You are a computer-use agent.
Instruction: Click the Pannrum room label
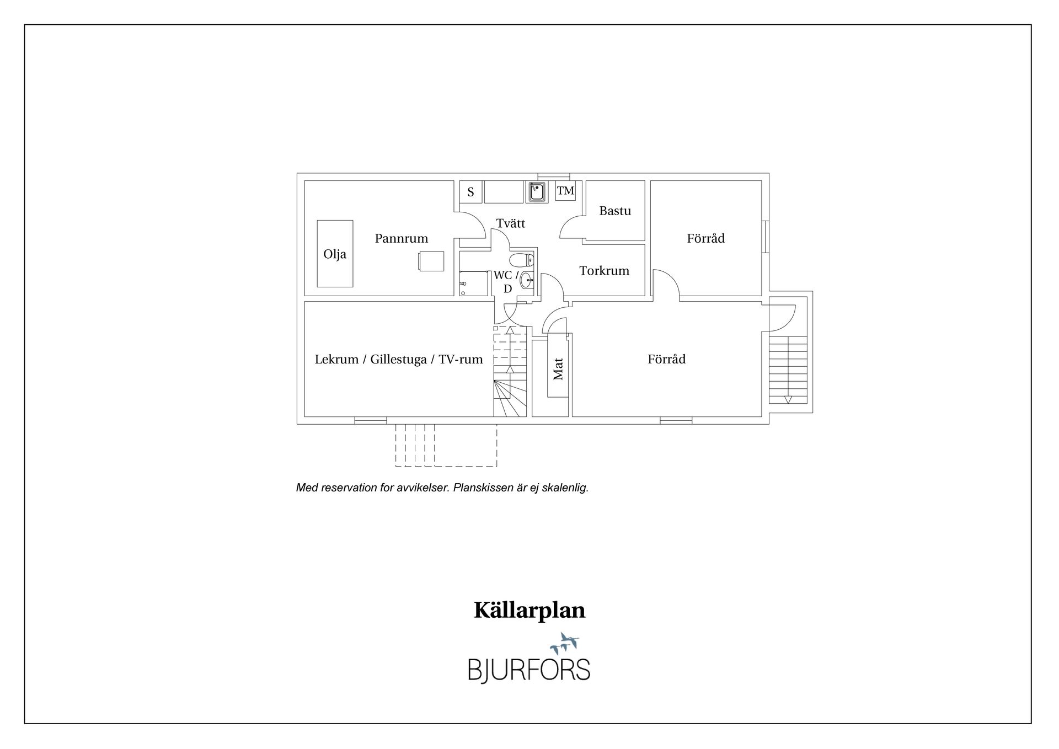pos(401,238)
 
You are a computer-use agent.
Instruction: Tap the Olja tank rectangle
pos(335,254)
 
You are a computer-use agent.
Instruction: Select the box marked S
pos(471,192)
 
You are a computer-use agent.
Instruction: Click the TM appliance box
pos(565,191)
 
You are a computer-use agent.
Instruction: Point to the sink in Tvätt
pos(537,192)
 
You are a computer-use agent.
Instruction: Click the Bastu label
pos(615,211)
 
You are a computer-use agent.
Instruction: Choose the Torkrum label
pos(604,271)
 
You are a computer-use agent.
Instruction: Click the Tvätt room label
pos(510,223)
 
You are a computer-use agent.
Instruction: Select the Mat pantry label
pos(558,369)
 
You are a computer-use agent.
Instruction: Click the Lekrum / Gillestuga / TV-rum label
pos(399,360)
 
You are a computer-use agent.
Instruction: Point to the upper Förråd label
pos(705,238)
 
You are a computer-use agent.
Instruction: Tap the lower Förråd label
pos(666,359)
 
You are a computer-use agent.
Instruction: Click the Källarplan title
pos(529,611)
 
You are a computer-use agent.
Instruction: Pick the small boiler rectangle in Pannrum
pos(431,261)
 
